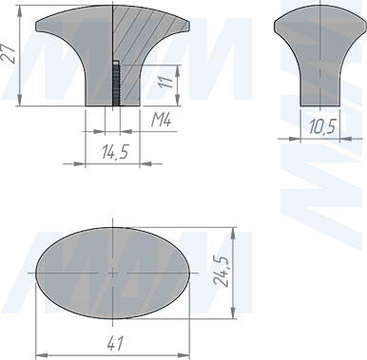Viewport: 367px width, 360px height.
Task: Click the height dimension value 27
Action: click(9, 54)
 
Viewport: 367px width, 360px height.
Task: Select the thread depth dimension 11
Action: click(166, 81)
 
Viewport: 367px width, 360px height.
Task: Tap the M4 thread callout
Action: click(161, 121)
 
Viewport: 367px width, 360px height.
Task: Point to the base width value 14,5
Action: click(115, 152)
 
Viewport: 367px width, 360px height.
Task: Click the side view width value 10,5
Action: click(322, 126)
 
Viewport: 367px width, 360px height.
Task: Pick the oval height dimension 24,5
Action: click(221, 271)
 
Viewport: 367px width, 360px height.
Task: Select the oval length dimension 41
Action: click(115, 343)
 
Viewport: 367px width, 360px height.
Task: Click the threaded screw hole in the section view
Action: click(116, 83)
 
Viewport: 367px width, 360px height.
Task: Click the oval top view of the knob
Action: click(113, 273)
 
